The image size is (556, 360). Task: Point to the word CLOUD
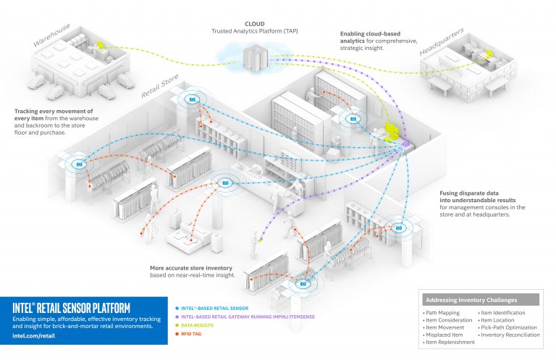pyautogui.click(x=258, y=23)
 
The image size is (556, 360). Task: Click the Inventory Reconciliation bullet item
pyautogui.click(x=510, y=335)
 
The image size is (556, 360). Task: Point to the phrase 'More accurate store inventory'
pyautogui.click(x=190, y=267)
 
